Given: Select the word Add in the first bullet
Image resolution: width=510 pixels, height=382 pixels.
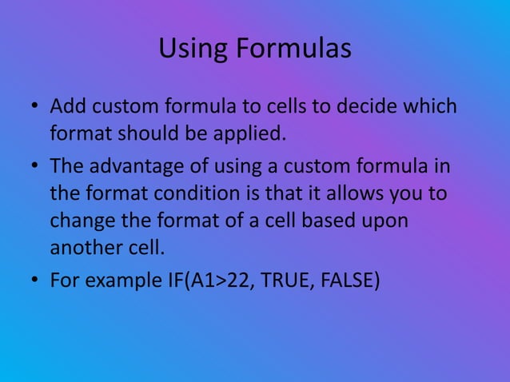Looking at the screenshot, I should pos(66,105).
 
